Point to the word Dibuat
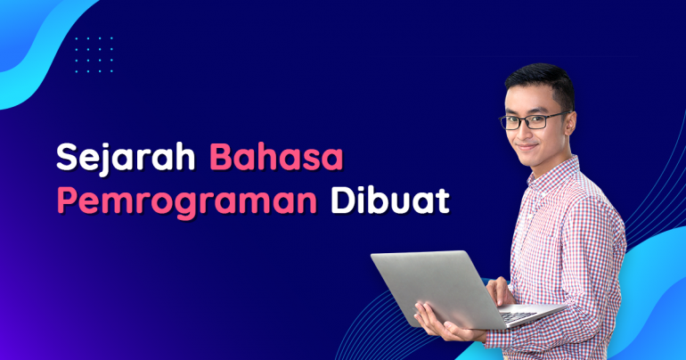390,201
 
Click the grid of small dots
94,54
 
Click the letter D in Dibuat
344,201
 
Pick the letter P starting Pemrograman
67,201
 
